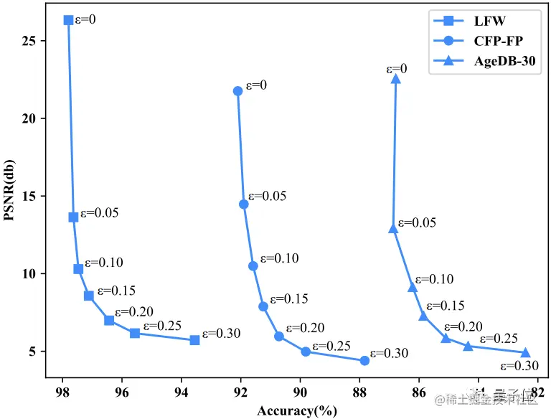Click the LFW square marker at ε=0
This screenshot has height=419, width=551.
click(68, 20)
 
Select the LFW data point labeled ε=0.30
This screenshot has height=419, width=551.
click(194, 339)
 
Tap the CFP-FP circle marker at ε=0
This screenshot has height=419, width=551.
click(237, 91)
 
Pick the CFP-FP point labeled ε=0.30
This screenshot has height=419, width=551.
click(364, 361)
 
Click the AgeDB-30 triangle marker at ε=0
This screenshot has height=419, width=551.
click(395, 79)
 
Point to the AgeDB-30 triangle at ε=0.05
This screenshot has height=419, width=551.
click(393, 228)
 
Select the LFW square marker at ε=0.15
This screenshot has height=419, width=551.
click(89, 296)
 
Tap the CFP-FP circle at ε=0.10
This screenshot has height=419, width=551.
click(253, 266)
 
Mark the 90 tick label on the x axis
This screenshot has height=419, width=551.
click(301, 393)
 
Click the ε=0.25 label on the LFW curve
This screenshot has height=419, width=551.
click(162, 326)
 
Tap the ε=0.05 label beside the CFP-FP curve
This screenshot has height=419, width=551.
click(267, 196)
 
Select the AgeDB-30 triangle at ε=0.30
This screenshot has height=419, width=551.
click(525, 352)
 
